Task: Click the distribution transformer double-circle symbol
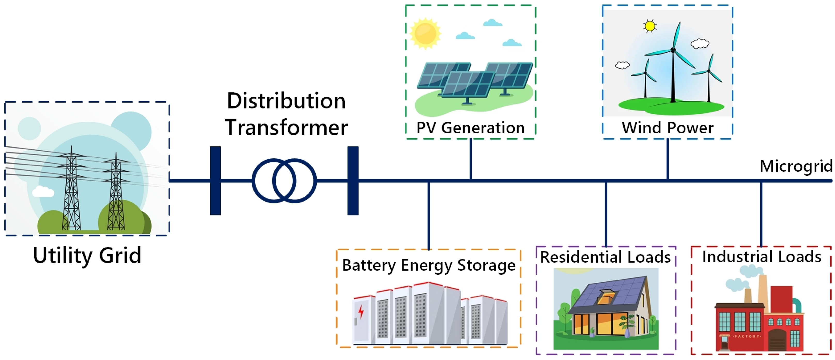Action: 284,181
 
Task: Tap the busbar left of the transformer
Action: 215,181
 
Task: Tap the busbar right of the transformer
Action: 353,181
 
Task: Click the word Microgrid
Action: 796,166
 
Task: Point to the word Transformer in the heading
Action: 287,127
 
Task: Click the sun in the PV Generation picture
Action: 425,33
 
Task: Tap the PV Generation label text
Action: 470,128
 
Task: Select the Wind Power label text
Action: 667,128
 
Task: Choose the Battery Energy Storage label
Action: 429,265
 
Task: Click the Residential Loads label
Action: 605,257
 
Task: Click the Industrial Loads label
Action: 761,257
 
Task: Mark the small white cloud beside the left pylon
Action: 43,192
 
